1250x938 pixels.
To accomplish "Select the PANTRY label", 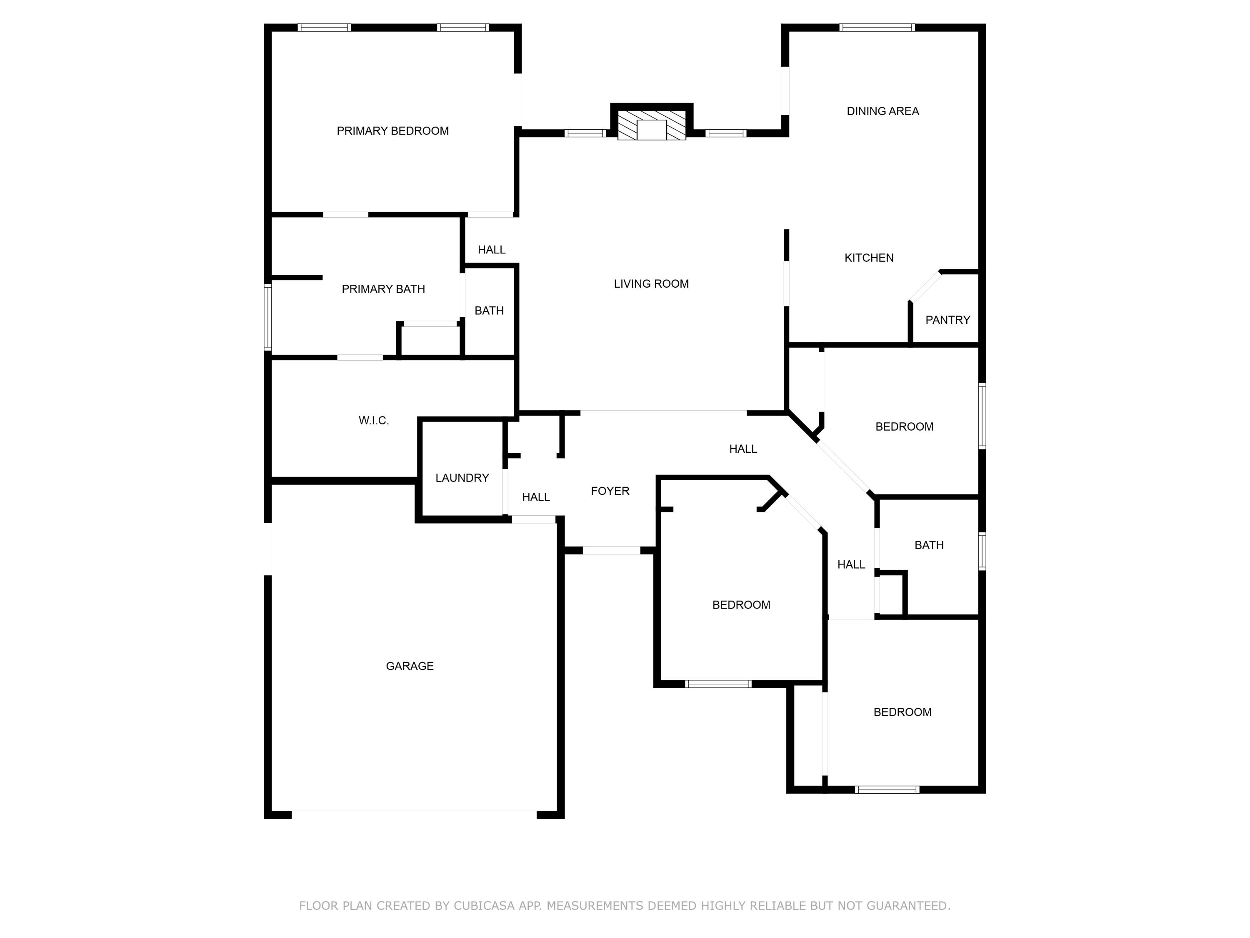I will coord(947,320).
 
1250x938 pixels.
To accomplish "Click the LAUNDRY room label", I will coord(462,478).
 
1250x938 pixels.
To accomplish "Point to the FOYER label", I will coord(610,491).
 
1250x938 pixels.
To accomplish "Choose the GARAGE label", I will coord(410,666).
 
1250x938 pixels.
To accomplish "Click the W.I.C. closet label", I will coord(373,421).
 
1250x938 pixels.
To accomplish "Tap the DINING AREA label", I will coord(882,111).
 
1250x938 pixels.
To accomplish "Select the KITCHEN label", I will coord(869,258).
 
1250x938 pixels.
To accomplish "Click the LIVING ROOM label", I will coord(651,284).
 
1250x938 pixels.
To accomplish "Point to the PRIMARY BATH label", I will coord(383,289).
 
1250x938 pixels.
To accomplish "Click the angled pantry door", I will coord(925,287).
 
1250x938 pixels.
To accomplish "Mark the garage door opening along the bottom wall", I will coord(414,815).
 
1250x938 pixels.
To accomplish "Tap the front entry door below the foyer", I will coord(611,550).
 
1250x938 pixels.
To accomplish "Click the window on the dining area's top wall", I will coord(877,27).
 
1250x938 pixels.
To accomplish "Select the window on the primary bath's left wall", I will coord(268,317).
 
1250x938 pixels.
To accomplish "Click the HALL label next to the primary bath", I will coord(491,250).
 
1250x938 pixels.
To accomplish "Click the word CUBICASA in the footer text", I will coord(484,906).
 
